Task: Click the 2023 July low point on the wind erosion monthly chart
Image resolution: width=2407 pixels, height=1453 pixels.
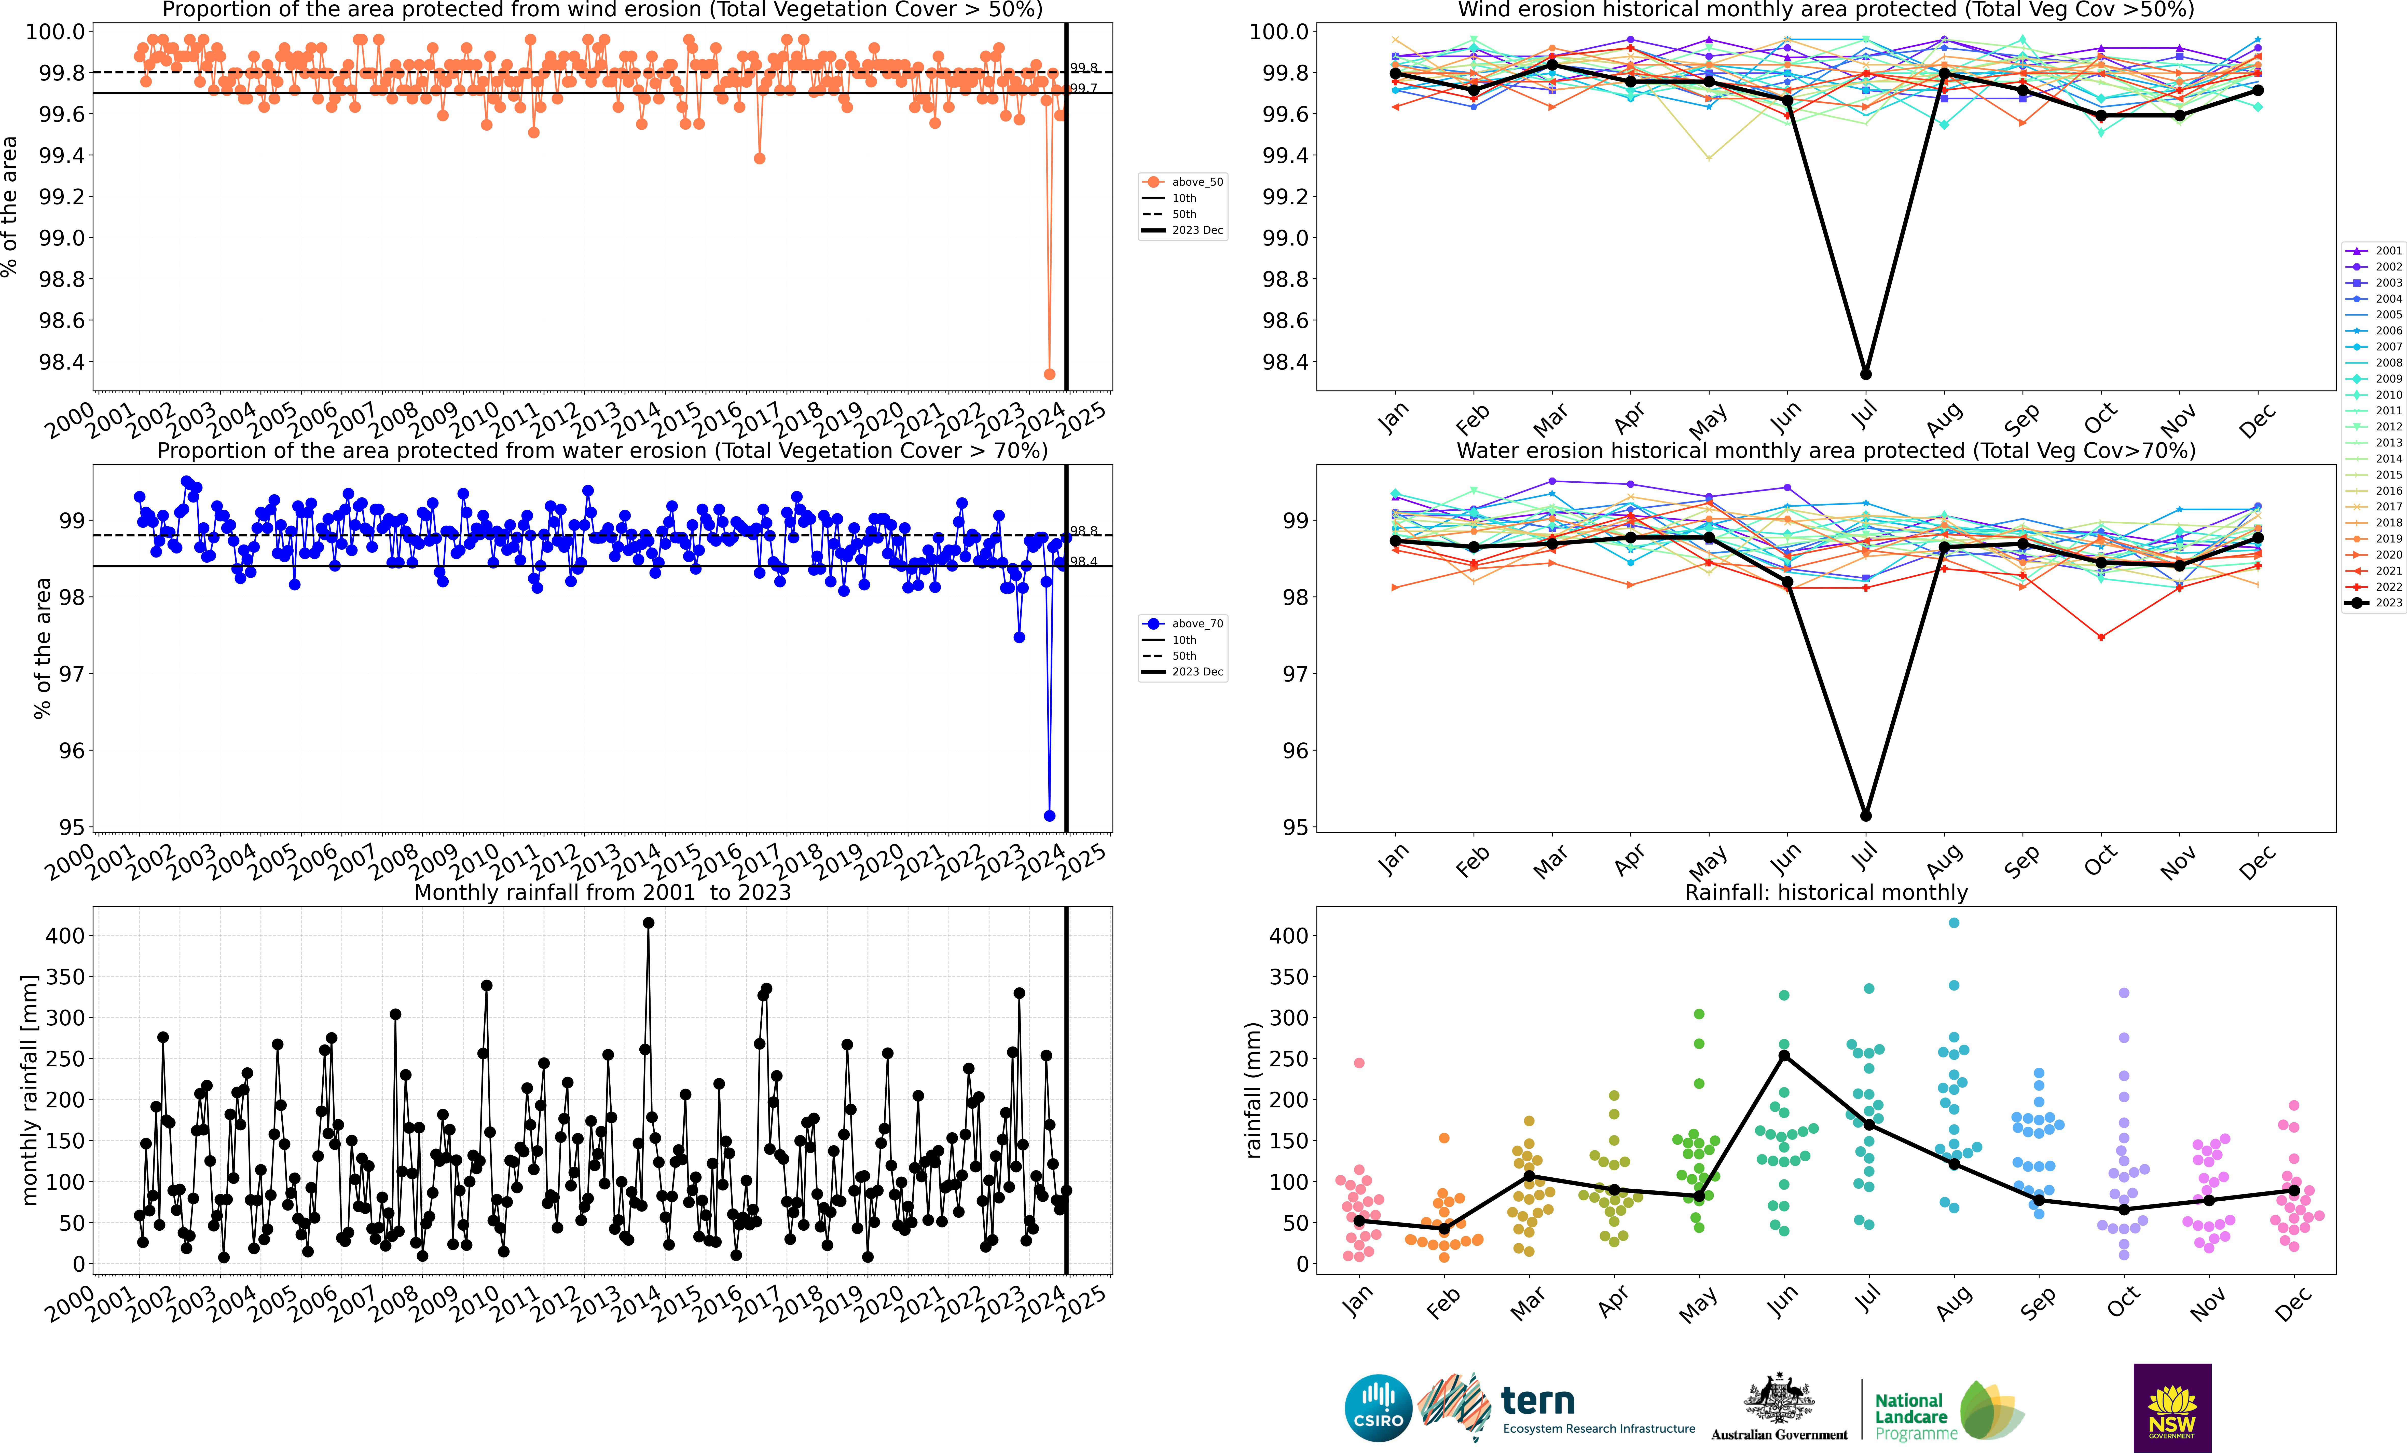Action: point(1866,374)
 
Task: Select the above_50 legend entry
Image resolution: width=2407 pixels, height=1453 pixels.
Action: point(1183,182)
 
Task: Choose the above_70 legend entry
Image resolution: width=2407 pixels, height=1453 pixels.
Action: point(1183,623)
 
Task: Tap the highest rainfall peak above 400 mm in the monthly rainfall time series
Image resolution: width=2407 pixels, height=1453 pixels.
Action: point(649,922)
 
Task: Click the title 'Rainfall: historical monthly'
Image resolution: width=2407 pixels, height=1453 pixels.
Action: point(1826,892)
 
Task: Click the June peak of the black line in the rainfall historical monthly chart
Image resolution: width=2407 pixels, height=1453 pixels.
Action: point(1784,1055)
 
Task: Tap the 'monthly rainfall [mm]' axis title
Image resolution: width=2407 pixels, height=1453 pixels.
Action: point(29,1090)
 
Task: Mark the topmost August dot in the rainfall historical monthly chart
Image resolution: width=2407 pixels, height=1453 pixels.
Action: point(1954,922)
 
